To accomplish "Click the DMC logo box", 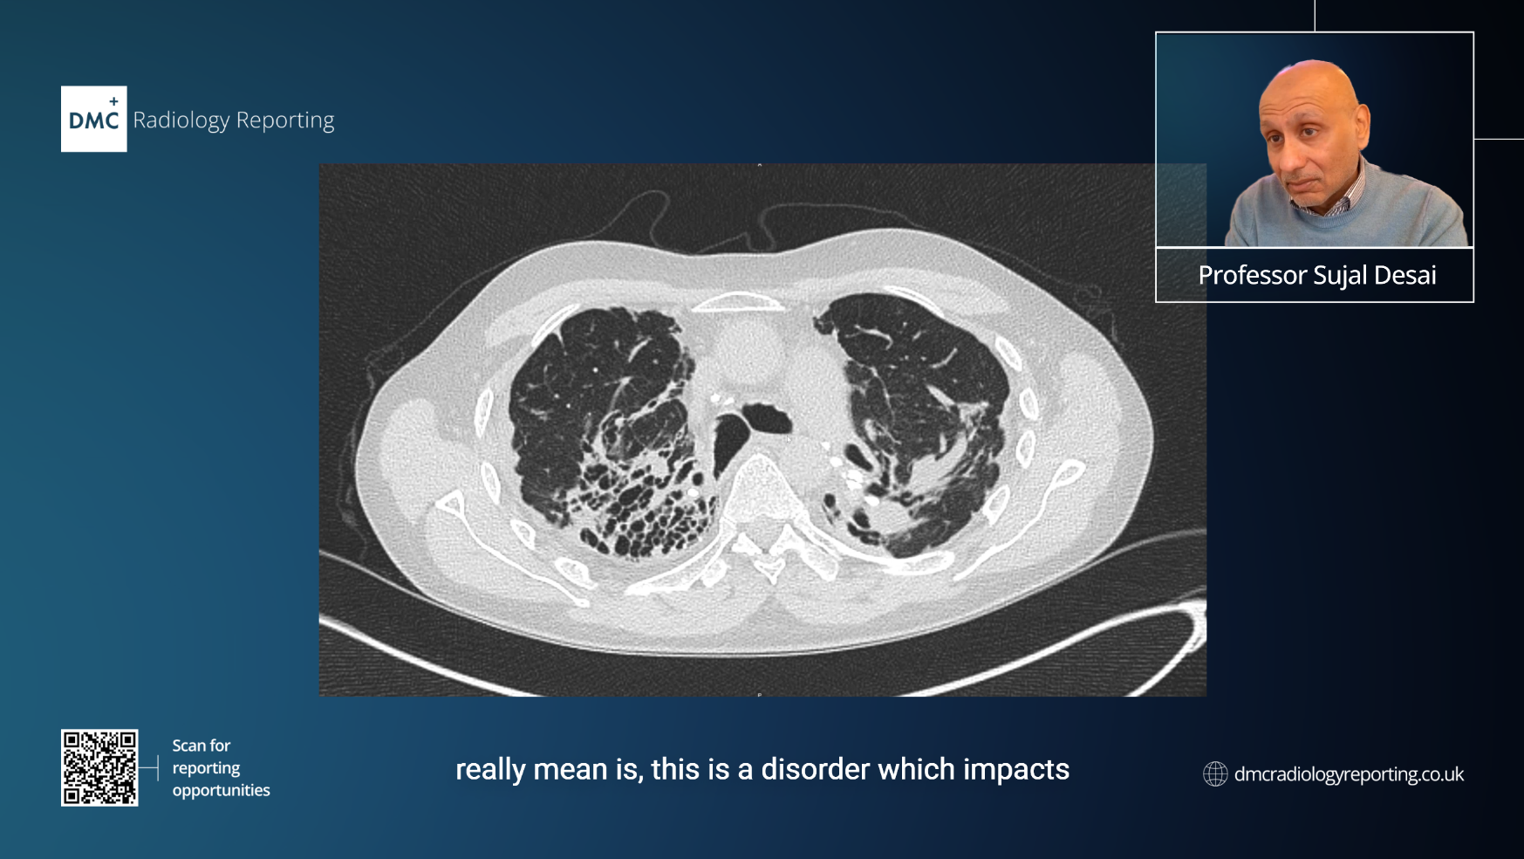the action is [93, 119].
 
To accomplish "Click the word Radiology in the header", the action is [181, 120].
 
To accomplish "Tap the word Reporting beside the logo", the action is [285, 120].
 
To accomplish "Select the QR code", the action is [99, 767].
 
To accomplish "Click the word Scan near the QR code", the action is [188, 746].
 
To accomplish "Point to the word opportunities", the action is [222, 791].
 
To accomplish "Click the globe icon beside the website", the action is [1215, 773].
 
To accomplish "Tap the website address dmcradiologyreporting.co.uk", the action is [1349, 774].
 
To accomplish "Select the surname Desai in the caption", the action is [1405, 275].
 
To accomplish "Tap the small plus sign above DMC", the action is [113, 101].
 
